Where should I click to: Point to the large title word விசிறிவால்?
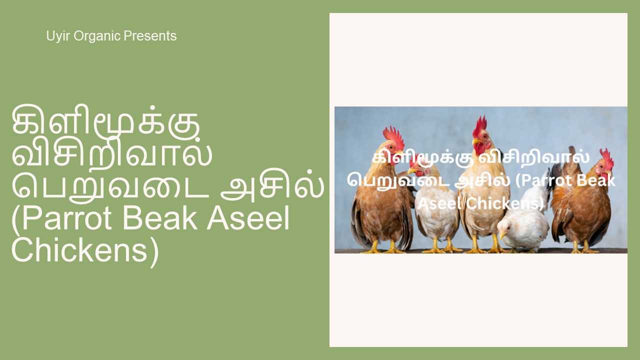tap(112, 155)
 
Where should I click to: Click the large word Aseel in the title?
tap(255, 218)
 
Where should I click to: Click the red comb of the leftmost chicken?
tap(394, 135)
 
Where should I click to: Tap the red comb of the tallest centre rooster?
tap(480, 125)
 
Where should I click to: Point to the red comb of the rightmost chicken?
tap(606, 157)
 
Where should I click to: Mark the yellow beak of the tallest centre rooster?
tap(475, 142)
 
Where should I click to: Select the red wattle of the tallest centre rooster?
tap(480, 149)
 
